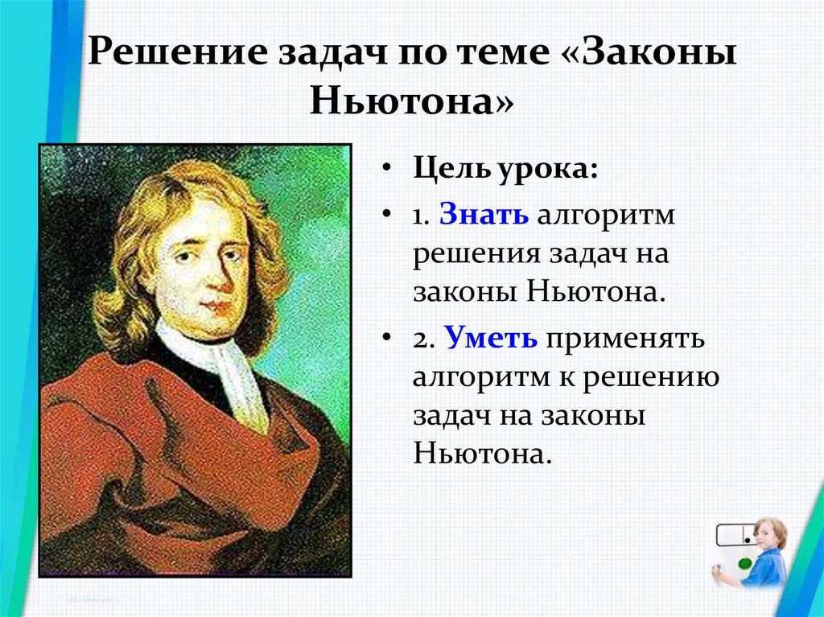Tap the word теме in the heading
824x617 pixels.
(495, 52)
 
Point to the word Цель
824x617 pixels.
(452, 168)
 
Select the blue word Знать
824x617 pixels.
(484, 214)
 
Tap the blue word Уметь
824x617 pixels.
(491, 337)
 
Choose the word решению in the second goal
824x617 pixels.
(651, 378)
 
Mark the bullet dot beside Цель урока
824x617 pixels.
(387, 169)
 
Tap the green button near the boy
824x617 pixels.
(745, 564)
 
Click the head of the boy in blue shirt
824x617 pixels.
(770, 533)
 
